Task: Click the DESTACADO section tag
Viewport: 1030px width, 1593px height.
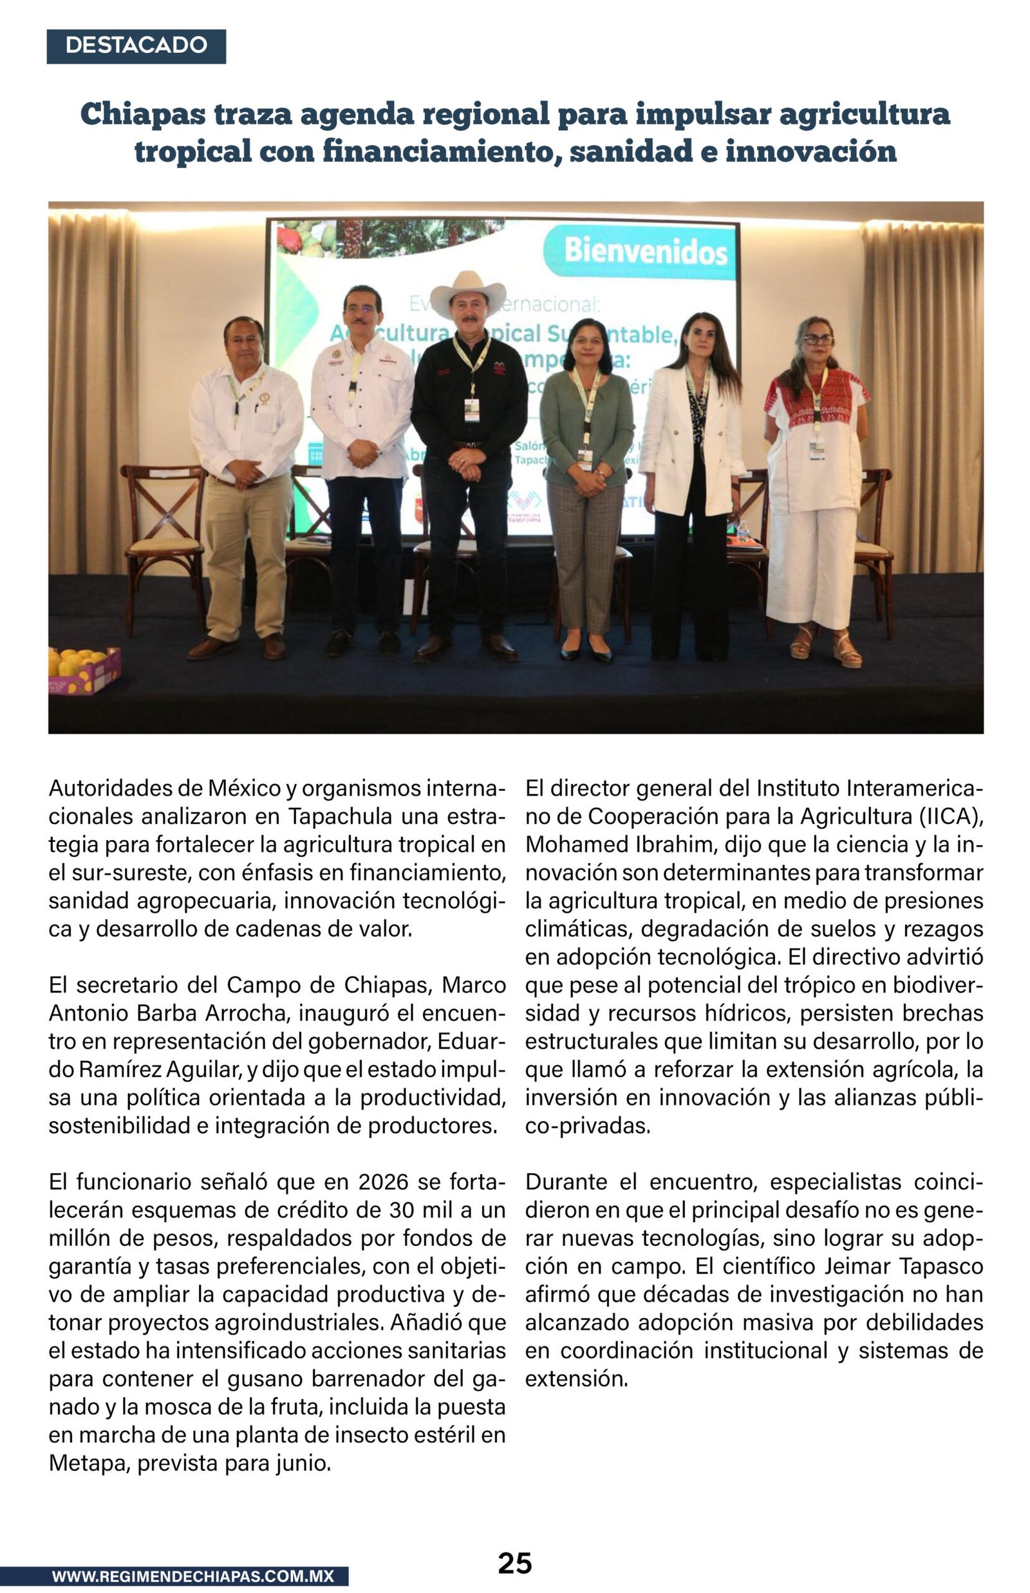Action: [136, 46]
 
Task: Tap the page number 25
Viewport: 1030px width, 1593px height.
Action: [514, 1563]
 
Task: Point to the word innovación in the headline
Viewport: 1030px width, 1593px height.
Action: [810, 151]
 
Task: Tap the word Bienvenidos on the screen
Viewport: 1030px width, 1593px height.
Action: [646, 252]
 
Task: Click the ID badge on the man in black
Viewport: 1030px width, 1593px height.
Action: [471, 410]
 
